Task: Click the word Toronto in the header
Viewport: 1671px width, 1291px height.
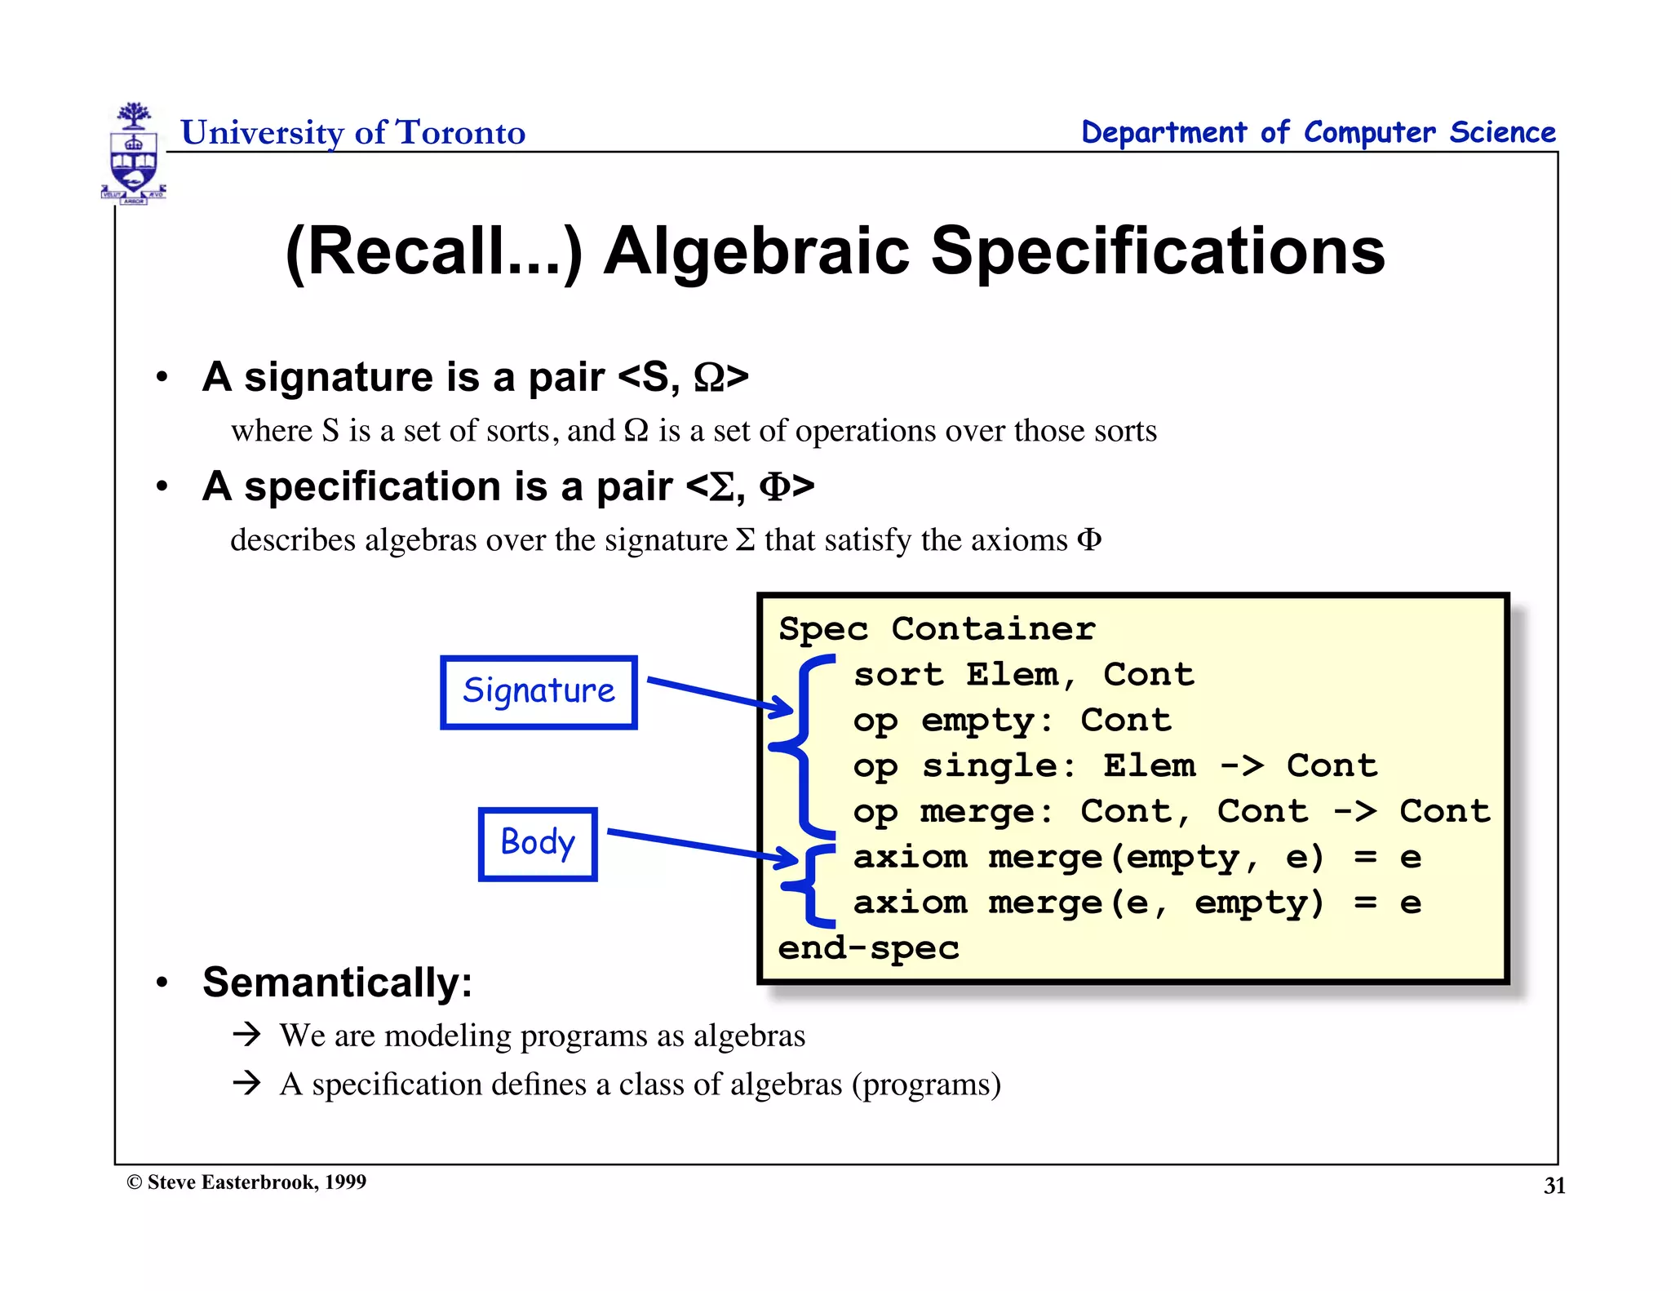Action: point(460,132)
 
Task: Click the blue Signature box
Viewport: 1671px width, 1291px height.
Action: point(539,692)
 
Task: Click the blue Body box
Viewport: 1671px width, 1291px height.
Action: point(538,844)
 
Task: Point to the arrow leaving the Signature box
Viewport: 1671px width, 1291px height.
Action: point(718,694)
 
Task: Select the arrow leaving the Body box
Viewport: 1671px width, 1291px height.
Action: point(702,845)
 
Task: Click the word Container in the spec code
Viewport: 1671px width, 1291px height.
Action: point(993,629)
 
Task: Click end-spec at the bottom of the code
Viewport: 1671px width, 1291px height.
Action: point(868,948)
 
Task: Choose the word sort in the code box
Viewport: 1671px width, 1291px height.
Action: point(898,675)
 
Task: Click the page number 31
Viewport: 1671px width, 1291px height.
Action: point(1554,1186)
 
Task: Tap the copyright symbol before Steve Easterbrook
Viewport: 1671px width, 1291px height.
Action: point(135,1182)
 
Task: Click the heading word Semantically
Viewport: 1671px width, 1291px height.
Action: point(337,983)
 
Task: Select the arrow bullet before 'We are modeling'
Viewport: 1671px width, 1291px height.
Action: point(246,1035)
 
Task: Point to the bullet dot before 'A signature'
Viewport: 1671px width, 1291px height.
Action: point(162,377)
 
